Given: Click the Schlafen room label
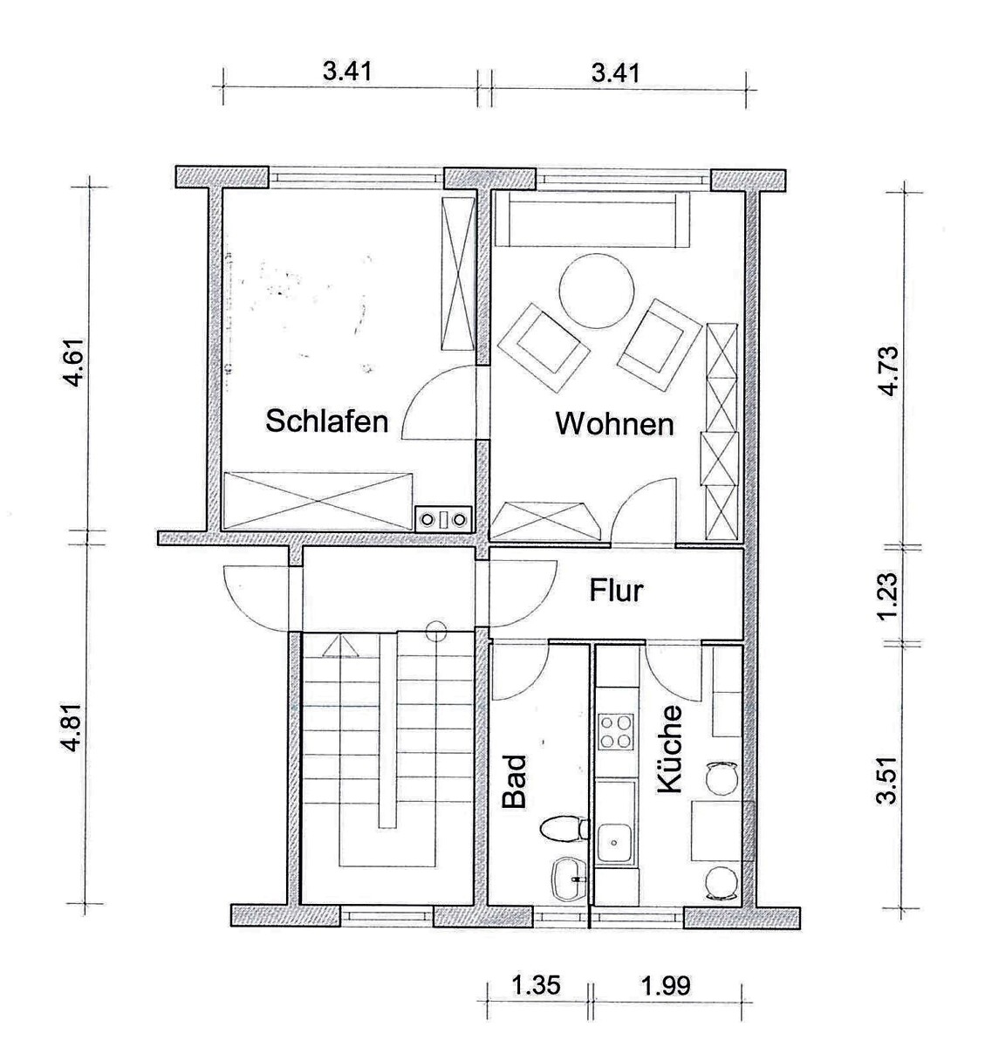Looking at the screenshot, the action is (326, 421).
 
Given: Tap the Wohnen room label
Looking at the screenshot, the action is (614, 424).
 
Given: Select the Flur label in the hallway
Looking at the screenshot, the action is (616, 591).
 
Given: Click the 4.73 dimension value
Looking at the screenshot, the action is (887, 371).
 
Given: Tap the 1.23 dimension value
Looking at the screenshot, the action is (887, 597).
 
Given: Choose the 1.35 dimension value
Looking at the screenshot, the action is (536, 985).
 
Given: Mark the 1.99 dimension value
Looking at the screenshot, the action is (666, 985).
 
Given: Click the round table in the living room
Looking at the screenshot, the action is (597, 291).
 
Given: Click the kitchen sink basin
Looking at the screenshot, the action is (615, 843).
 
